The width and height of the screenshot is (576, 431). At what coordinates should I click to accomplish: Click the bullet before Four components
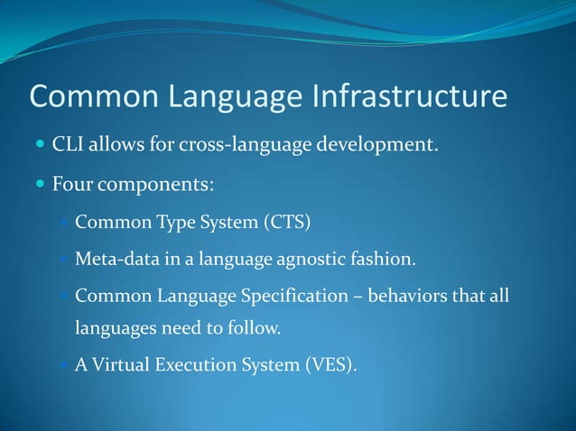point(39,186)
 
